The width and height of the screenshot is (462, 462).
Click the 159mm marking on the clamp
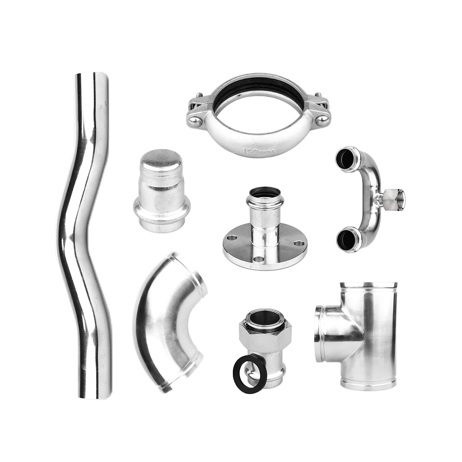pos(257,151)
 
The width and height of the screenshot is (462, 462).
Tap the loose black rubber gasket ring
pos(249,375)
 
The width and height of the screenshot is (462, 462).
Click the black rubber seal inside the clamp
pos(259,88)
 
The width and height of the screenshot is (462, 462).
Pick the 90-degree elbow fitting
pos(169,319)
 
